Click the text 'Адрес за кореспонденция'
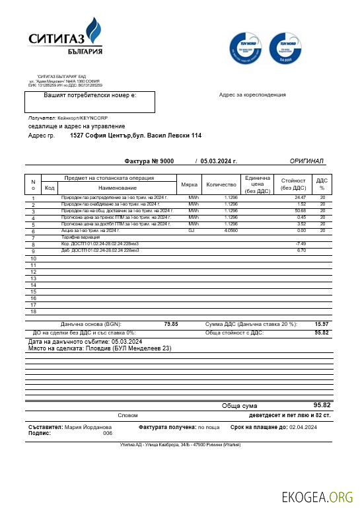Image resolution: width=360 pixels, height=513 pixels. coord(252,95)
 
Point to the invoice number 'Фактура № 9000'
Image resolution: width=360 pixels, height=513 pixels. coord(149,161)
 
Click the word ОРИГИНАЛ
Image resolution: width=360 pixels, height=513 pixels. coord(306,161)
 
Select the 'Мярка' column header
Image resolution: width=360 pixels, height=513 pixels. coord(189,184)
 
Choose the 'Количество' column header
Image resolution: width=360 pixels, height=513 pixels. coord(221,184)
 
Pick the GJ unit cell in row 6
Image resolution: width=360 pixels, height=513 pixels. coord(192,231)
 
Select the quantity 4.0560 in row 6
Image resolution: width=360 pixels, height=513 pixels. coord(231,231)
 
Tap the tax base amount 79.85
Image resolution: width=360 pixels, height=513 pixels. coord(170,324)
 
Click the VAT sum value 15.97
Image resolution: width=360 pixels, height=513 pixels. coord(322,324)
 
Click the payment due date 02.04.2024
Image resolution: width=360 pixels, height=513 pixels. coord(303,428)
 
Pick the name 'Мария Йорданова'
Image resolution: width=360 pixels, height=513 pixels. coord(88,428)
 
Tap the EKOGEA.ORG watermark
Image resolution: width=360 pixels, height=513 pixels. coord(317,497)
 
